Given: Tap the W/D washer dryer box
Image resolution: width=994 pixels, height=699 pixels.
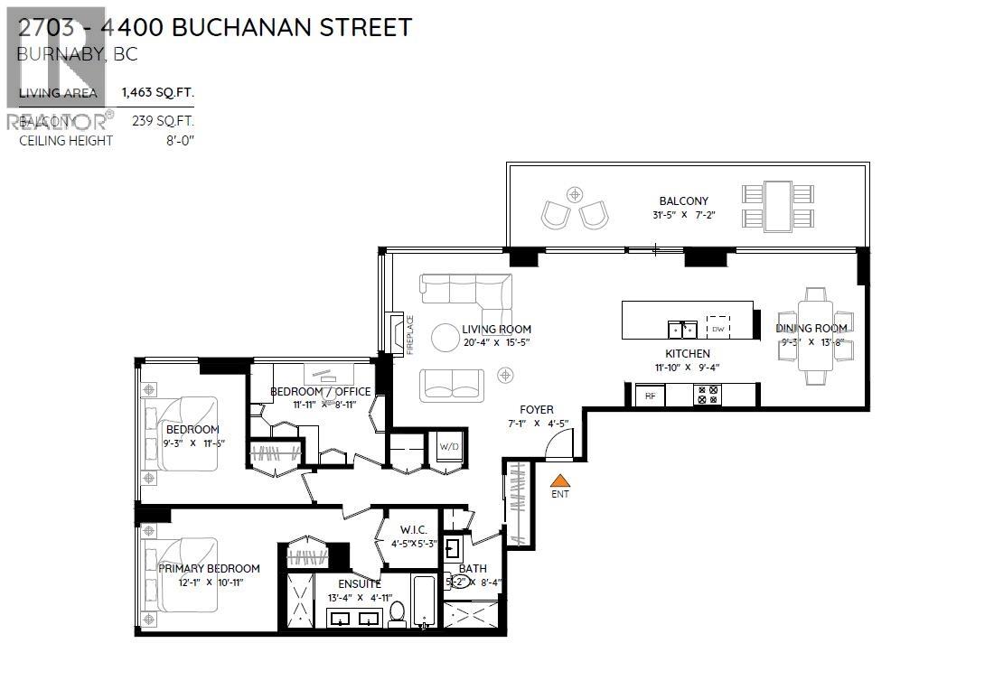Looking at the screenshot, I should [x=449, y=446].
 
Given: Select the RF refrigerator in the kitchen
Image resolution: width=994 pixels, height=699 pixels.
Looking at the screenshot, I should [x=650, y=395].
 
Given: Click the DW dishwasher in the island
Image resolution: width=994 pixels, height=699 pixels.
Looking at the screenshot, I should [x=717, y=329].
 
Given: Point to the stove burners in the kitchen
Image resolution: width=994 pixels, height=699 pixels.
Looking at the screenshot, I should [x=708, y=395].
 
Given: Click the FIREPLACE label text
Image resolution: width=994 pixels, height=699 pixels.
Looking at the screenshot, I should [x=409, y=334].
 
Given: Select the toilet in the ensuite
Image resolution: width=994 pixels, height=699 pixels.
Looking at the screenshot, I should [x=396, y=613].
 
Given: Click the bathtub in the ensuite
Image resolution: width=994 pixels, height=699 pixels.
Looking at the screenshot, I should [x=424, y=601].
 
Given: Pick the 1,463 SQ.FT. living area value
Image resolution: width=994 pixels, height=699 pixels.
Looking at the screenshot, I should [x=158, y=93].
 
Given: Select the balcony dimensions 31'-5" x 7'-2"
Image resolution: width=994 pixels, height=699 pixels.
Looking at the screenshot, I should [x=683, y=215].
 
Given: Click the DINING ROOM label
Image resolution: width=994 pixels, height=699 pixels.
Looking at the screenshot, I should [x=811, y=328].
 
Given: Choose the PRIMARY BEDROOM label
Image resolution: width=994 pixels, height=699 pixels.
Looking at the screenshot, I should [x=209, y=568].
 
